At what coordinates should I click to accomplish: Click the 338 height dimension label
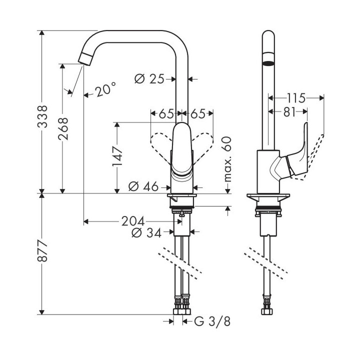(x=45, y=115)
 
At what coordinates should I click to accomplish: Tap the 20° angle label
(x=105, y=90)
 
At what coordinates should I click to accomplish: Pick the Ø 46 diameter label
(x=143, y=187)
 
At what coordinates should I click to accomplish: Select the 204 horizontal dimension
(x=132, y=221)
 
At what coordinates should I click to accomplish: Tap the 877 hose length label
(x=45, y=254)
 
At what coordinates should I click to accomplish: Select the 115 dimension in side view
(x=296, y=97)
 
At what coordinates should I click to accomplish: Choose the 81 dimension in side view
(x=289, y=112)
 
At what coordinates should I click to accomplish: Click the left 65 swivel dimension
(x=165, y=114)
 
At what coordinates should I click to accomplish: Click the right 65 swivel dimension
(x=197, y=114)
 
